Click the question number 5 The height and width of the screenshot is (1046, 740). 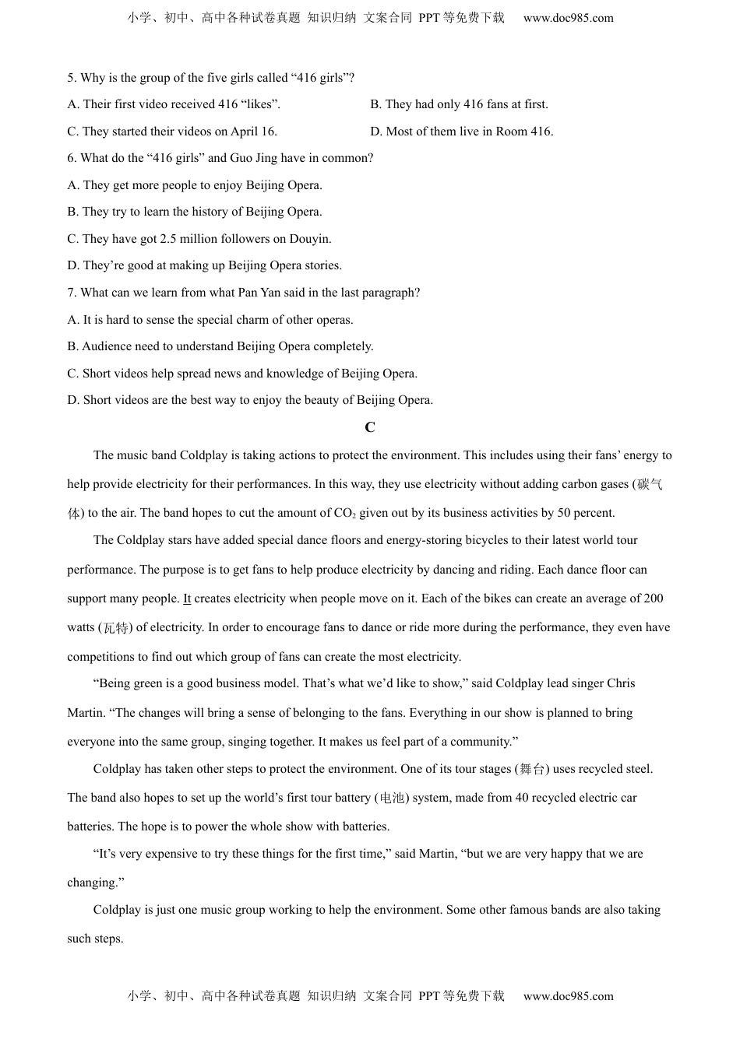coord(71,78)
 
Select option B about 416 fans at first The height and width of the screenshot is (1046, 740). coord(459,104)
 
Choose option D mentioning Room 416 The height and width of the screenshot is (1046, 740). coord(462,132)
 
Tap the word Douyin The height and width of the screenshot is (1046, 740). coord(310,239)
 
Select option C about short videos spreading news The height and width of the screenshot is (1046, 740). coord(242,374)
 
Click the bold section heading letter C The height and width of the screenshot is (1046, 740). coord(370,427)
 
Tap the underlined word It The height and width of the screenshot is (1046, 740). coord(187,598)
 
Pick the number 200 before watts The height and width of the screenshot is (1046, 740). coord(654,598)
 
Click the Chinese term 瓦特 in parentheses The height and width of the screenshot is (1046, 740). coord(116,628)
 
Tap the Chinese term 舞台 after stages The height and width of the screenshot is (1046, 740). coord(532,770)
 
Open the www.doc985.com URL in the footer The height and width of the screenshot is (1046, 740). coord(568,996)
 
